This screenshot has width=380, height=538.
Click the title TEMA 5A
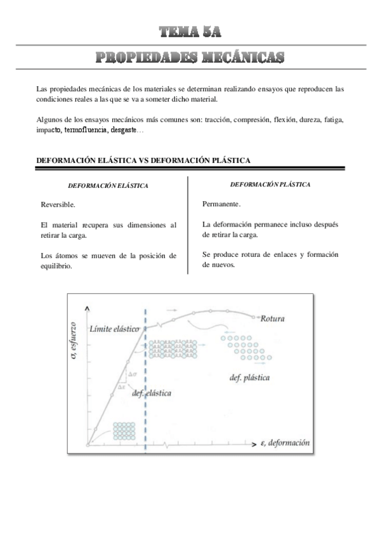coord(190,30)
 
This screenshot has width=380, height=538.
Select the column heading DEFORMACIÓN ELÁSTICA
coord(108,186)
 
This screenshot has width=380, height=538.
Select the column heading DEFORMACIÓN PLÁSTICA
coord(270,184)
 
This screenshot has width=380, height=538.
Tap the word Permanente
coord(221,204)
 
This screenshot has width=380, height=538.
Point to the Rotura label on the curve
coord(272,318)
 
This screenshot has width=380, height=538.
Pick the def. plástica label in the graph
coord(249,378)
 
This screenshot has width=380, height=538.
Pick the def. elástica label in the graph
coord(152,393)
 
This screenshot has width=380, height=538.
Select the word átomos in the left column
coord(65,256)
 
